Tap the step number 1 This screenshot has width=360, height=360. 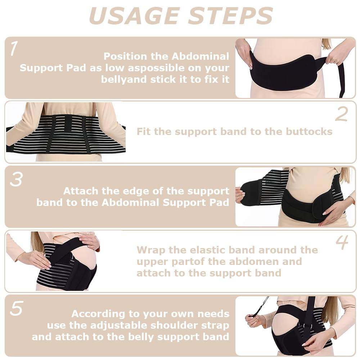click(x=14, y=49)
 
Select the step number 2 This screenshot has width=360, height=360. click(x=341, y=114)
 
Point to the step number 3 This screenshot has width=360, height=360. click(x=16, y=179)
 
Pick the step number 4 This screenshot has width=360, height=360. click(x=342, y=243)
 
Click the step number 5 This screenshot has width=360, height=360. click(x=16, y=309)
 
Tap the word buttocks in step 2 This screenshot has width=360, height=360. click(x=309, y=131)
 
